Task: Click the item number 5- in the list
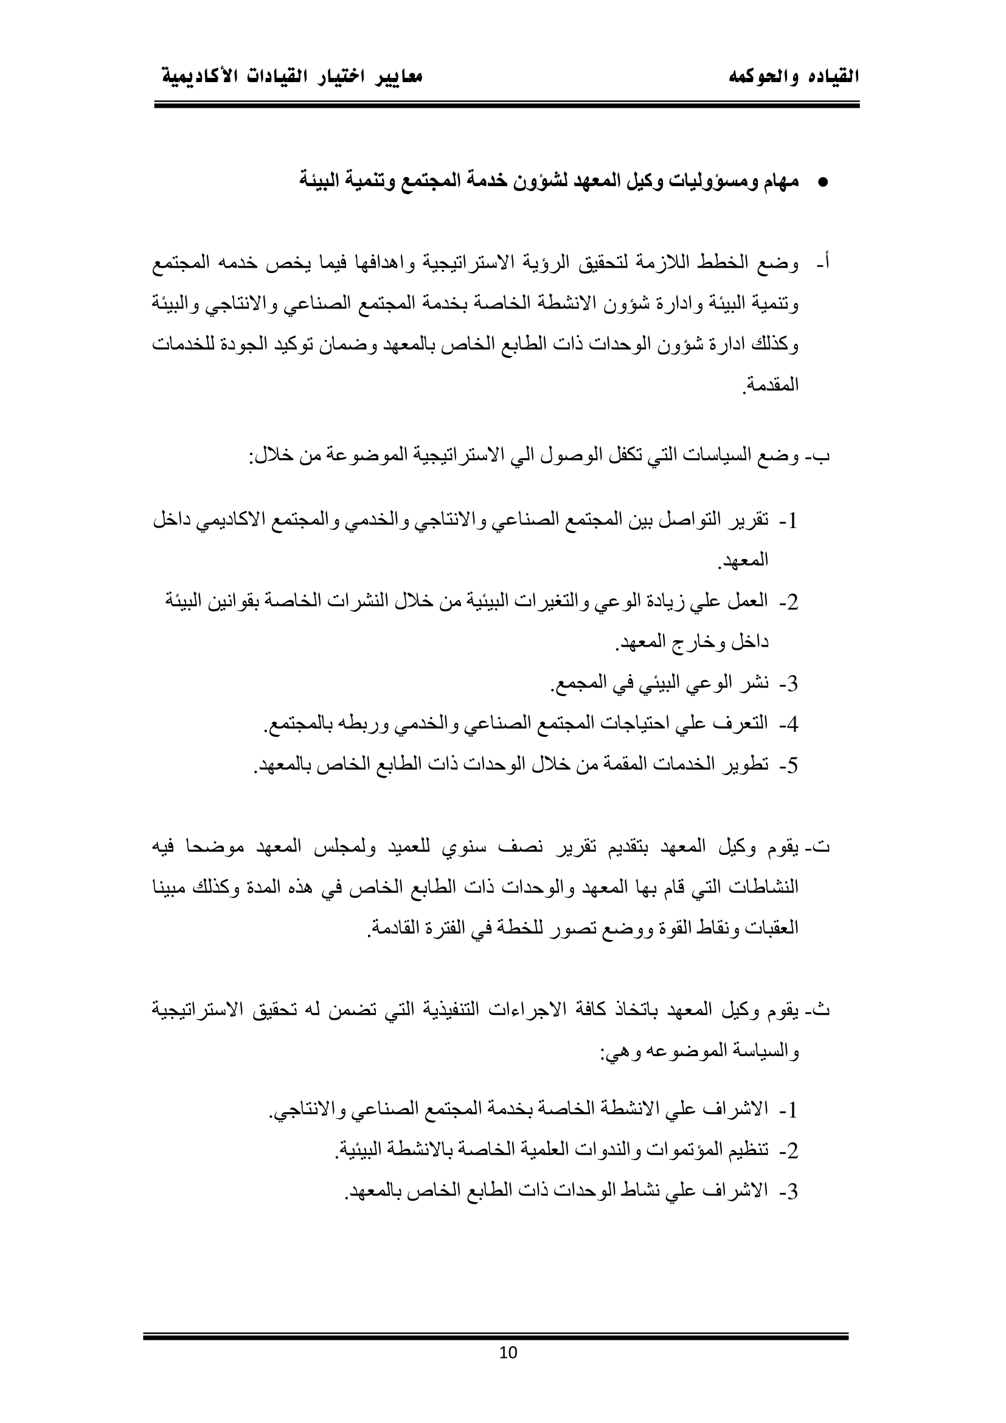[789, 767]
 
